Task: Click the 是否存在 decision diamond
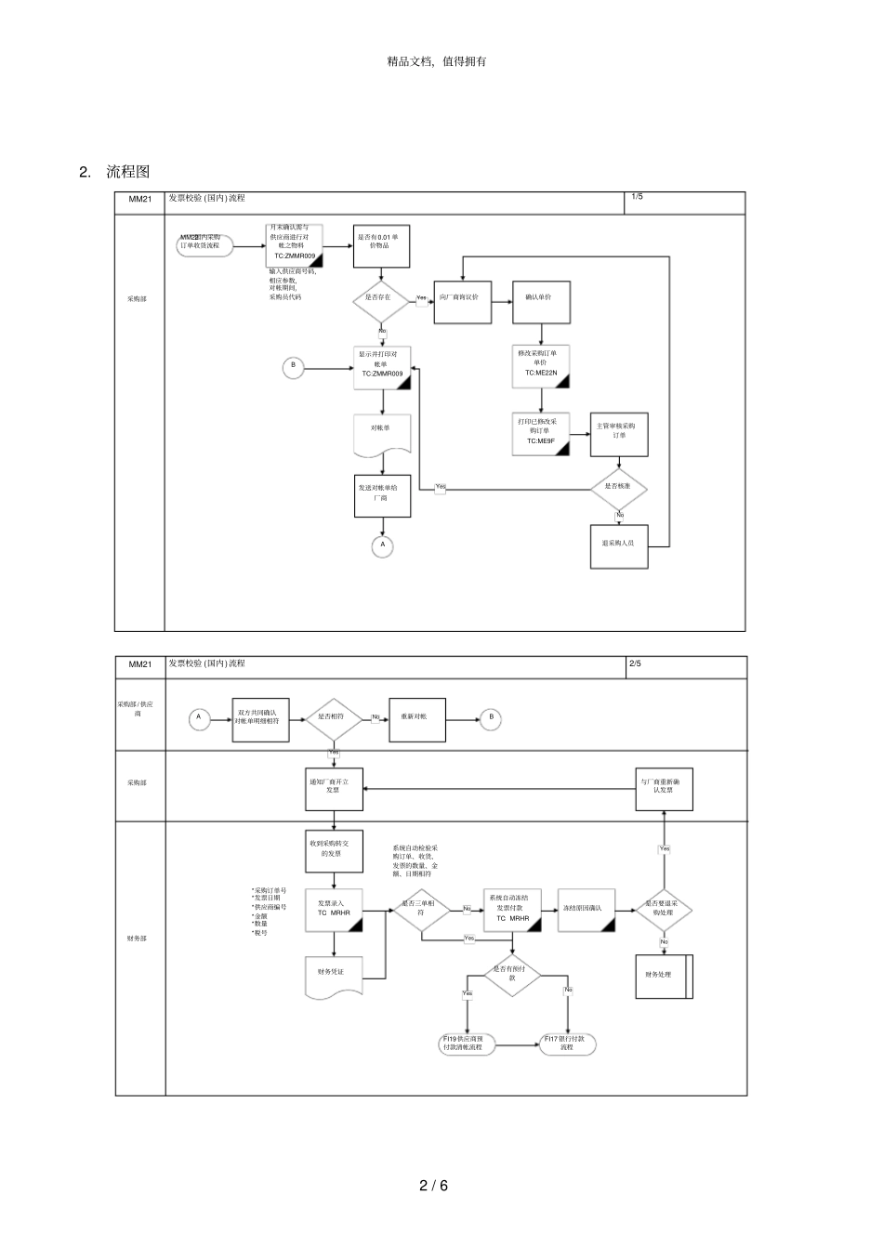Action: [381, 298]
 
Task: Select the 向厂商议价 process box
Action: [462, 298]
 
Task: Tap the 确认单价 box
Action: [541, 298]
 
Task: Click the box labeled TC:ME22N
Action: [540, 365]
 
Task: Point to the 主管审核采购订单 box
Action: [619, 433]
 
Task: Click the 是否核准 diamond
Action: [619, 486]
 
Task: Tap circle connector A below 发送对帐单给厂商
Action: [382, 546]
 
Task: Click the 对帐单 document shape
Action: [382, 433]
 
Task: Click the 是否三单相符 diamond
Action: [421, 909]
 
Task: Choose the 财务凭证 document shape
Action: [333, 974]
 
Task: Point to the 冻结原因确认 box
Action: [586, 909]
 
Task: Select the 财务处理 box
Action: [663, 976]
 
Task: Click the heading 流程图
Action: [127, 172]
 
